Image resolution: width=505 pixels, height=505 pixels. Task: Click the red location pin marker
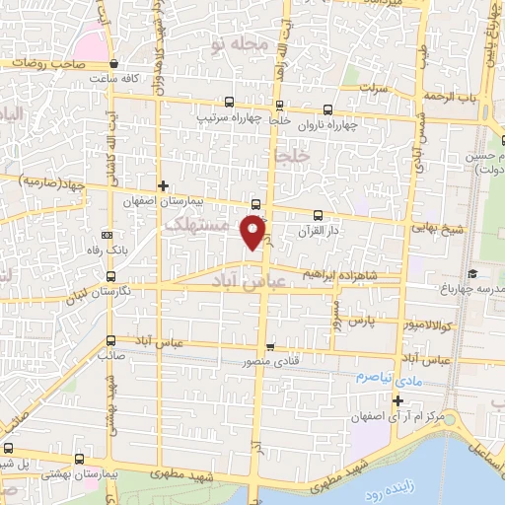254,230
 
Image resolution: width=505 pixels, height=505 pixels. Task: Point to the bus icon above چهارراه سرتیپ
230,102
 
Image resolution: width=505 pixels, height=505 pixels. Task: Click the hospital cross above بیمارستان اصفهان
164,184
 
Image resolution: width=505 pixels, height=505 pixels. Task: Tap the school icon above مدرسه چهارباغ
472,273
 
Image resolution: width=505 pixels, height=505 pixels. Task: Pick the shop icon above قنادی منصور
270,347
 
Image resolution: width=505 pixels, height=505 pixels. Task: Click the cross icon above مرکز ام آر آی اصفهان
397,400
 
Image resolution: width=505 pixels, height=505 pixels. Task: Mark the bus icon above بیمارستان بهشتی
79,460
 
